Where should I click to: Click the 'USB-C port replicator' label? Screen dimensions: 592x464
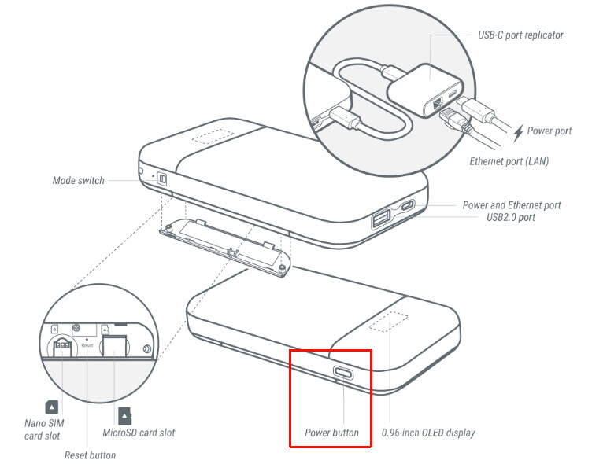520,35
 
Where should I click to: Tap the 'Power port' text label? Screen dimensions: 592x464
549,131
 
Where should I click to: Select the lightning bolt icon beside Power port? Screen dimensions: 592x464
518,133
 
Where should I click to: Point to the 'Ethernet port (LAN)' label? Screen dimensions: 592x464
509,161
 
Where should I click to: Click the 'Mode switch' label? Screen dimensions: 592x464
78,181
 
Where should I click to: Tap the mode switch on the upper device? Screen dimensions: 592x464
161,179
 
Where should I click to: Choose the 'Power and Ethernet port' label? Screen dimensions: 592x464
512,205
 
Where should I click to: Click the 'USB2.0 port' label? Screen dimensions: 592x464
510,217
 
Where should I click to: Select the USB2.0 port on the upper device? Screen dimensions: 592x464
380,219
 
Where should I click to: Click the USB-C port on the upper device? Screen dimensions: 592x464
408,206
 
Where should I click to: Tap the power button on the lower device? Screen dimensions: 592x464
343,373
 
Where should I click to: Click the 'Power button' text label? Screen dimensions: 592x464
331,433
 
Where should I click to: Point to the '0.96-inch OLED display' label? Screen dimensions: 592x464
428,433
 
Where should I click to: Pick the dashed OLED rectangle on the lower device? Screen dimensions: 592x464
389,322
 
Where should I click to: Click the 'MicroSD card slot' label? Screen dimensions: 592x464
139,433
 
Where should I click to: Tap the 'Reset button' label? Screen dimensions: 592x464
90,455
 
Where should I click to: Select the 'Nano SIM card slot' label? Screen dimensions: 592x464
44,429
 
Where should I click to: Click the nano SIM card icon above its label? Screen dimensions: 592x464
51,407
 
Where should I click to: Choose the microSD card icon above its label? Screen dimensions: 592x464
124,416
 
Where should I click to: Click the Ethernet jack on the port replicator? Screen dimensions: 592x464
438,102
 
